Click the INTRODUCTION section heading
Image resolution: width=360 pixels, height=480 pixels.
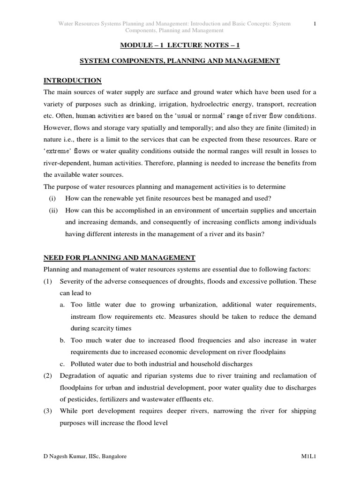point(72,81)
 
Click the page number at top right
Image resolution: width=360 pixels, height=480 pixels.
point(315,23)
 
